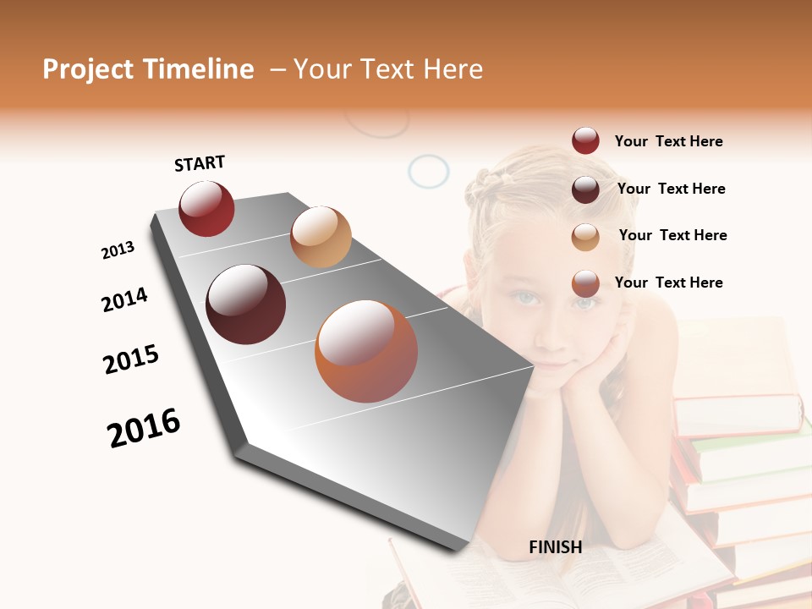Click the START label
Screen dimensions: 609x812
[x=200, y=163]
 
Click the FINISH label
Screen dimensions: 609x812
[x=555, y=547]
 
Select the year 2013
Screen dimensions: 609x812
[x=118, y=250]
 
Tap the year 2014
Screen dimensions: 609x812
[x=124, y=299]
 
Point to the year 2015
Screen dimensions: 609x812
[x=131, y=359]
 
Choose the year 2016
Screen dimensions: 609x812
[x=144, y=428]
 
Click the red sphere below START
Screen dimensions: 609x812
[x=206, y=209]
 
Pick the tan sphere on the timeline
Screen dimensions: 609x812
[x=321, y=237]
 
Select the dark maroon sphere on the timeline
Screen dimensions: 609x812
[x=245, y=304]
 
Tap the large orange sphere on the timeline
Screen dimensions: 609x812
[x=366, y=351]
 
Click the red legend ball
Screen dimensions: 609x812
[x=585, y=141]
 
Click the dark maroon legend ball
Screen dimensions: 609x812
[x=585, y=189]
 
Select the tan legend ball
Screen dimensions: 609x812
[x=585, y=237]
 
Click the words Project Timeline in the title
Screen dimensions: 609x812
[x=148, y=69]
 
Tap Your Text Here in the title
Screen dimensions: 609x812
[x=388, y=69]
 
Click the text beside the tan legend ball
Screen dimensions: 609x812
[x=672, y=235]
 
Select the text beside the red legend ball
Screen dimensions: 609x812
[x=668, y=141]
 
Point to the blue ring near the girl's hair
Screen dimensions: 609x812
[x=429, y=172]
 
